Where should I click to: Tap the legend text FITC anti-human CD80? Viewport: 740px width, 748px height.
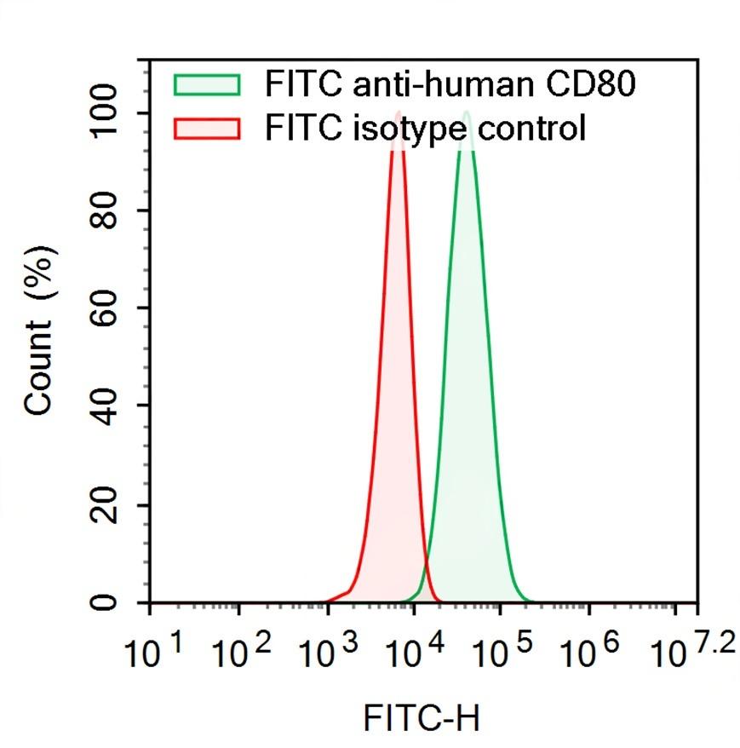pyautogui.click(x=450, y=84)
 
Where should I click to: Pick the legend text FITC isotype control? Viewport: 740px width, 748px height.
pyautogui.click(x=425, y=129)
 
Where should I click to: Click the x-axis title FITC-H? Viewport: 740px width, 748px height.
pyautogui.click(x=422, y=717)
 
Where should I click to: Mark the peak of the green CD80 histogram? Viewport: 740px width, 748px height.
pyautogui.click(x=466, y=112)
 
